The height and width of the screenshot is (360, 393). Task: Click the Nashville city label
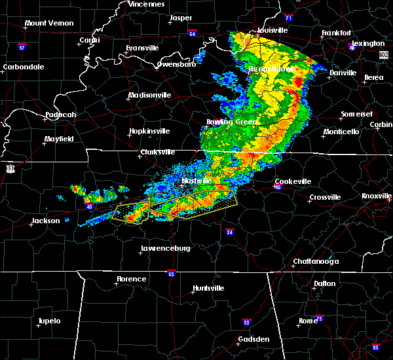pyautogui.click(x=197, y=180)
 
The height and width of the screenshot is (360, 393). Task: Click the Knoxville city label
pyautogui.click(x=377, y=196)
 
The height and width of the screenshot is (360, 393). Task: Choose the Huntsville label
pyautogui.click(x=208, y=288)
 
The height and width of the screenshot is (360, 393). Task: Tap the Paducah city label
pyautogui.click(x=60, y=115)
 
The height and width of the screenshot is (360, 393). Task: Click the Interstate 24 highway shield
pyautogui.click(x=230, y=232)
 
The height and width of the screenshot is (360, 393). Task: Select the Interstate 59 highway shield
pyautogui.click(x=246, y=323)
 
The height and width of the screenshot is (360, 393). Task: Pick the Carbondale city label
pyautogui.click(x=22, y=67)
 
